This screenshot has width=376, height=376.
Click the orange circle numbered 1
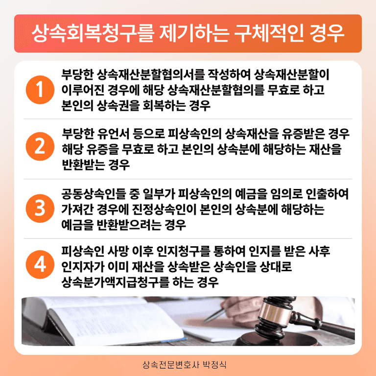[x=40, y=90]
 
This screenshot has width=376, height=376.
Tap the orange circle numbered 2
[x=40, y=146]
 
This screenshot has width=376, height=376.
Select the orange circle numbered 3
[x=40, y=209]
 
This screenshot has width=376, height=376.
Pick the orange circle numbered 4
[x=40, y=264]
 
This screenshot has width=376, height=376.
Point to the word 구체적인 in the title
[x=268, y=33]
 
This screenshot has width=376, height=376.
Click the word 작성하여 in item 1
[x=228, y=74]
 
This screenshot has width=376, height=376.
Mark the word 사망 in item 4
[x=117, y=251]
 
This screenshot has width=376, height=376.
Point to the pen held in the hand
[x=215, y=315]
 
